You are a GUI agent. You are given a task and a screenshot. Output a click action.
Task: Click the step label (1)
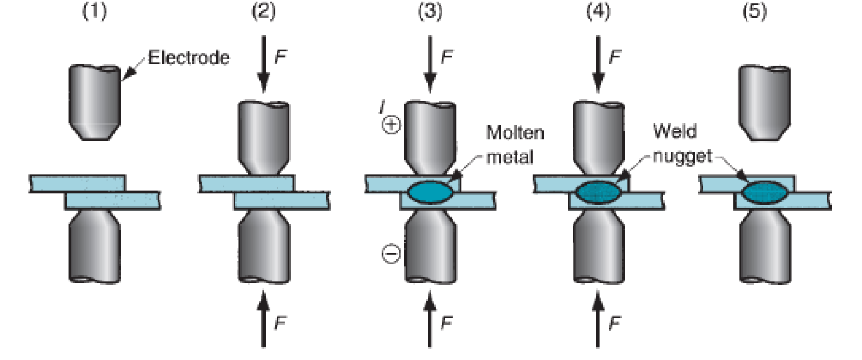[95, 12]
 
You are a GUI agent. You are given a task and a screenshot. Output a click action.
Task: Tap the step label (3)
[430, 12]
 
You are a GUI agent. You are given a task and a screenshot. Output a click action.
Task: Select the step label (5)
[754, 12]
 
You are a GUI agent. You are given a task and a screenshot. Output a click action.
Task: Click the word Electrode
[188, 58]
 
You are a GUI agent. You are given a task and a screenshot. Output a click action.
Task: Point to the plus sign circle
[391, 125]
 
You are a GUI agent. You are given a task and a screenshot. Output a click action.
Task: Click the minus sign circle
[391, 254]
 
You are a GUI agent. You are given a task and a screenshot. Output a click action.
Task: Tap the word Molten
[515, 133]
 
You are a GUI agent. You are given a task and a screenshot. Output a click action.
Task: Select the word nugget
[683, 157]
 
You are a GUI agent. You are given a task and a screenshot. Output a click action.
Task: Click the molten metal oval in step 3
[430, 192]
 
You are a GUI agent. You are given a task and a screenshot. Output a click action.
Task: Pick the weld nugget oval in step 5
[764, 192]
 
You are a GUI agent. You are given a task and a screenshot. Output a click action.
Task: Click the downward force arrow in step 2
[264, 64]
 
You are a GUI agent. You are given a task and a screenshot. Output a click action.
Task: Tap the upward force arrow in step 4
[598, 319]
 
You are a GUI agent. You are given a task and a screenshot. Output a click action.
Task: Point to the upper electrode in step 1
[95, 103]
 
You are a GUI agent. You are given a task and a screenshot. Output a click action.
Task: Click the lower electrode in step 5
[765, 247]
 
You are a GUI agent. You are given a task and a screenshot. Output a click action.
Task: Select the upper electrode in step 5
[764, 103]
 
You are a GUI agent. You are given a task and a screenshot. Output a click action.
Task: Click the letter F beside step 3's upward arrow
[447, 323]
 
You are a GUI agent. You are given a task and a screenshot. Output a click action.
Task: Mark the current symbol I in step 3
[382, 106]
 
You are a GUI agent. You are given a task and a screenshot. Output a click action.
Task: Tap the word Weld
[675, 132]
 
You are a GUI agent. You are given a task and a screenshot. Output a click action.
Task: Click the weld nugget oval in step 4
[598, 192]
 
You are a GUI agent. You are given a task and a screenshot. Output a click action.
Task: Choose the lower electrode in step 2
[264, 247]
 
